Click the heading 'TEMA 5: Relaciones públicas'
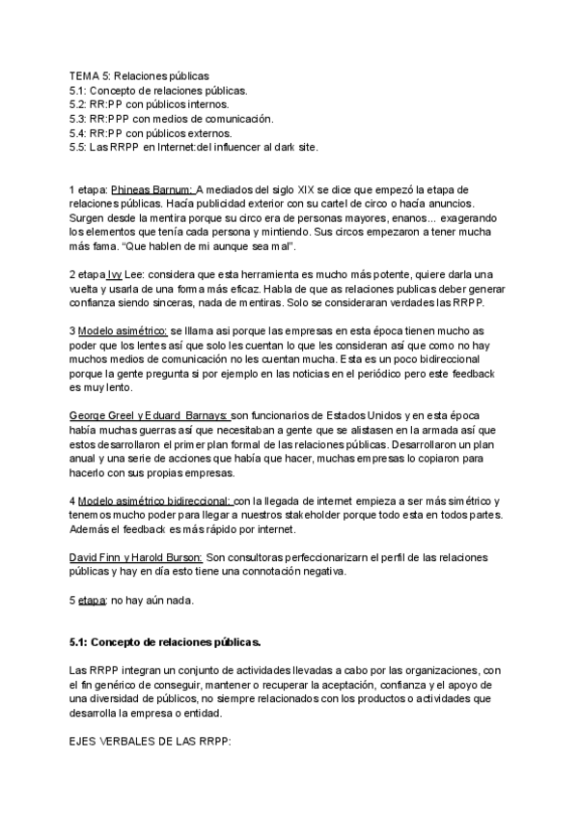tap(139, 76)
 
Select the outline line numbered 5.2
tap(150, 104)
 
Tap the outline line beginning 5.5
tap(193, 147)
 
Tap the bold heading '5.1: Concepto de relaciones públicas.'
tap(165, 642)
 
